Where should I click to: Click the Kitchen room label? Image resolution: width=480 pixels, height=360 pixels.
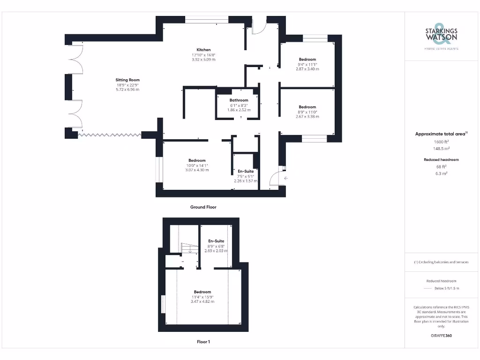(x=203, y=50)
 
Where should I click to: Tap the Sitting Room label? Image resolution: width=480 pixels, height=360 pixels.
(x=127, y=80)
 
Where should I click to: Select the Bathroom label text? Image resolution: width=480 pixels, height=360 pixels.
(x=239, y=100)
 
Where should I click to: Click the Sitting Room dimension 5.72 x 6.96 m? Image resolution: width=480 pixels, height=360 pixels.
(x=127, y=90)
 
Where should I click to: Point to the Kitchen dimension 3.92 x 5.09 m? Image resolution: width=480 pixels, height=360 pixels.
(x=203, y=60)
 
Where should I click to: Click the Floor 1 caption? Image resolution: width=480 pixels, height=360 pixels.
(x=203, y=342)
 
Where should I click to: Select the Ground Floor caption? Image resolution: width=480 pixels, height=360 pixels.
(x=203, y=207)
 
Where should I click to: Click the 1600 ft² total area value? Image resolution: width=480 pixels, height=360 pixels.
(x=441, y=141)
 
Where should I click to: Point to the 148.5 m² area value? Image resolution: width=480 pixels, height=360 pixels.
(x=441, y=148)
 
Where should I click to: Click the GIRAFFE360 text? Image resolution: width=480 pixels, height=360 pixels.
(x=441, y=336)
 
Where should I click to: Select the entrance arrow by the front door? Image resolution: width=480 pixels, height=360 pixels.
(x=285, y=178)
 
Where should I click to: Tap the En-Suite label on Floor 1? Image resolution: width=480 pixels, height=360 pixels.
(x=216, y=241)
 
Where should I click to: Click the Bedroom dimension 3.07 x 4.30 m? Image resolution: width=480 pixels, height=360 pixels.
(x=197, y=170)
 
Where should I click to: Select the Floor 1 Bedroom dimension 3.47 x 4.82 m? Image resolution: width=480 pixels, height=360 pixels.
(x=202, y=301)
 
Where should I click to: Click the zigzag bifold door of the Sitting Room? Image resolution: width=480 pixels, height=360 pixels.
(x=109, y=135)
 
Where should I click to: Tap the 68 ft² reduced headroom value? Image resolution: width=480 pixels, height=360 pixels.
(x=441, y=166)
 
